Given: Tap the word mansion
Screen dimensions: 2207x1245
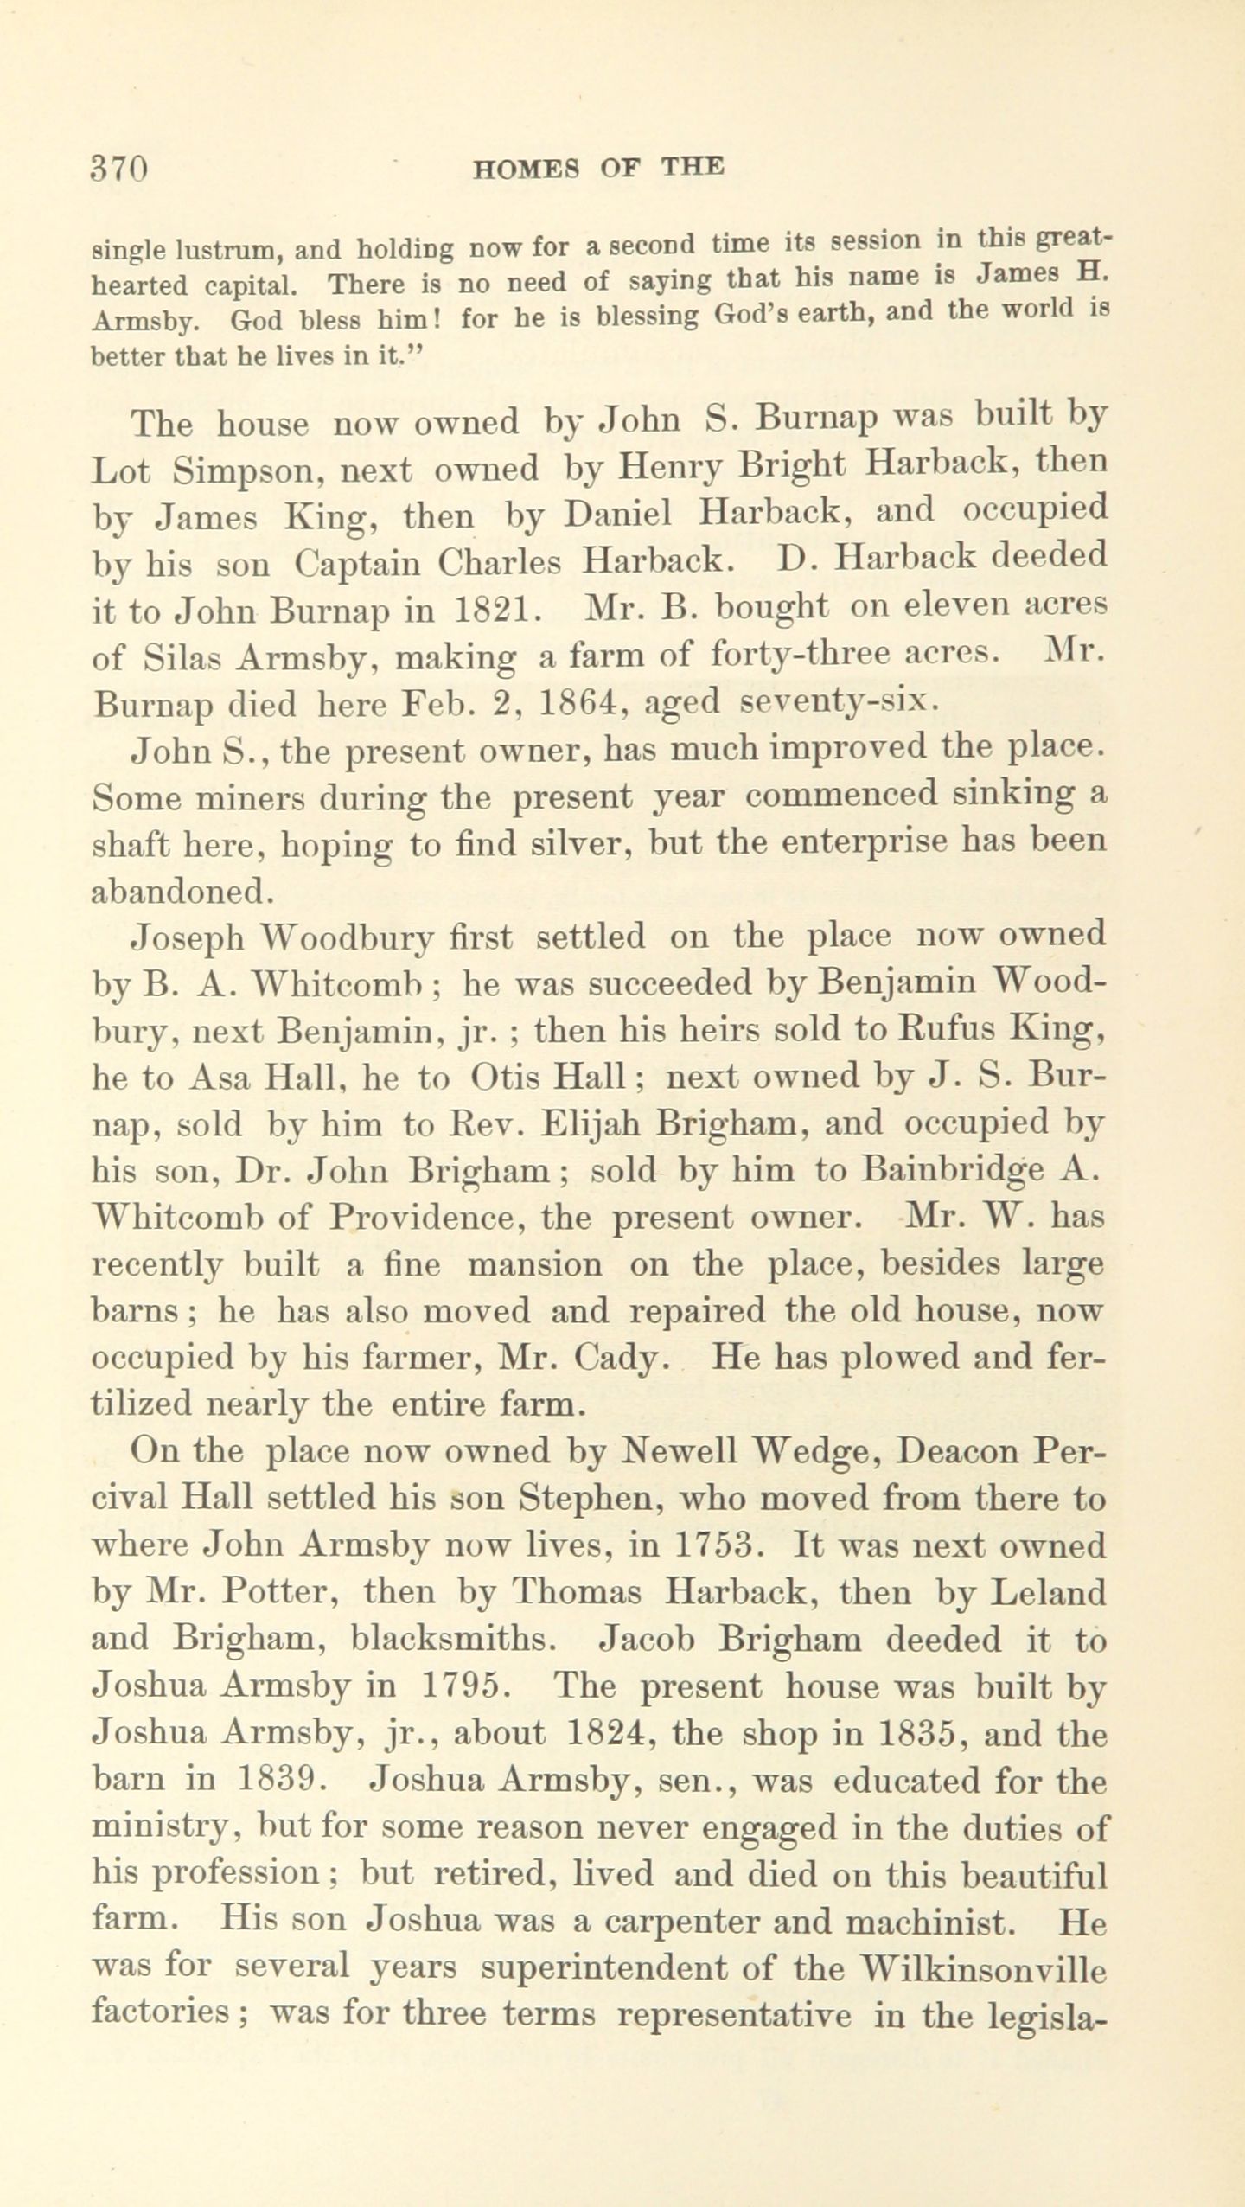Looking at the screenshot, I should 535,1266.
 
